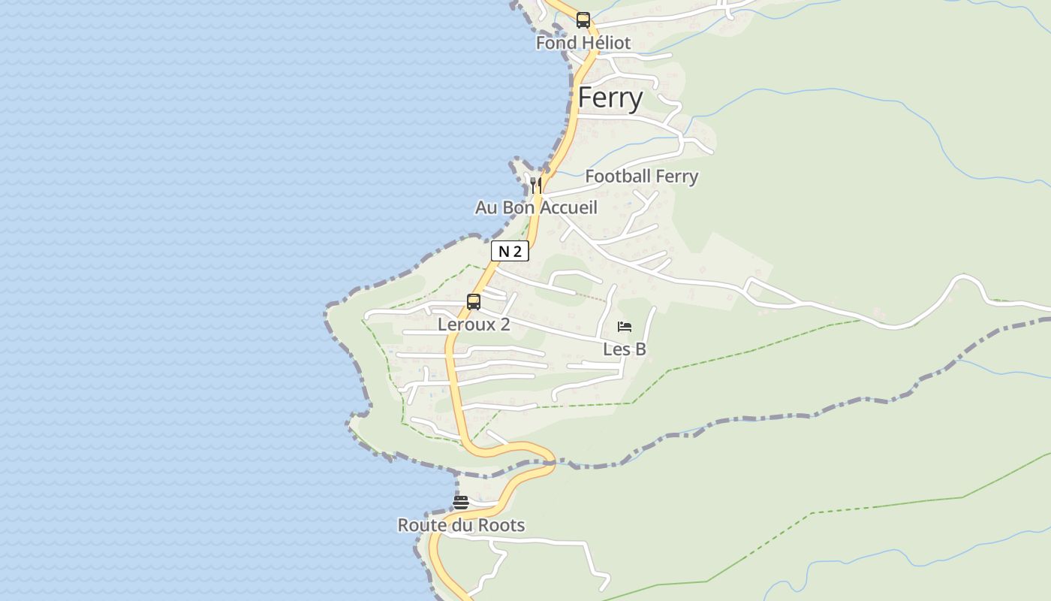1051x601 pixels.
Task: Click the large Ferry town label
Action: coord(610,98)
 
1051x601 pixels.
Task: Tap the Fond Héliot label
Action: coord(583,43)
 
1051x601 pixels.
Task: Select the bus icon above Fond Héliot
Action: coord(583,20)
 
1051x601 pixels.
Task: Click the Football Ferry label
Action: coord(642,177)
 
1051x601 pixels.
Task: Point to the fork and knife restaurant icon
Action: coord(535,185)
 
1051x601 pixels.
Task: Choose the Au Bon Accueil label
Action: coord(536,207)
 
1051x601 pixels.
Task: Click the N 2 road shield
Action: coord(510,252)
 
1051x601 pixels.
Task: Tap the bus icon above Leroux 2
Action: coord(474,302)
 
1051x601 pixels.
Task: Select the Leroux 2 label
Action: coord(474,325)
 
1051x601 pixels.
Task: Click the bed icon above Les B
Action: coord(625,327)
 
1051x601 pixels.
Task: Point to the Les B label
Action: coord(625,349)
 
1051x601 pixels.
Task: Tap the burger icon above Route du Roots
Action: coord(461,503)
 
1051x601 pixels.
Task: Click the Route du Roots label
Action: coord(461,525)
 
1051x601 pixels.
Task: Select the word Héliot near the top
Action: coord(606,43)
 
